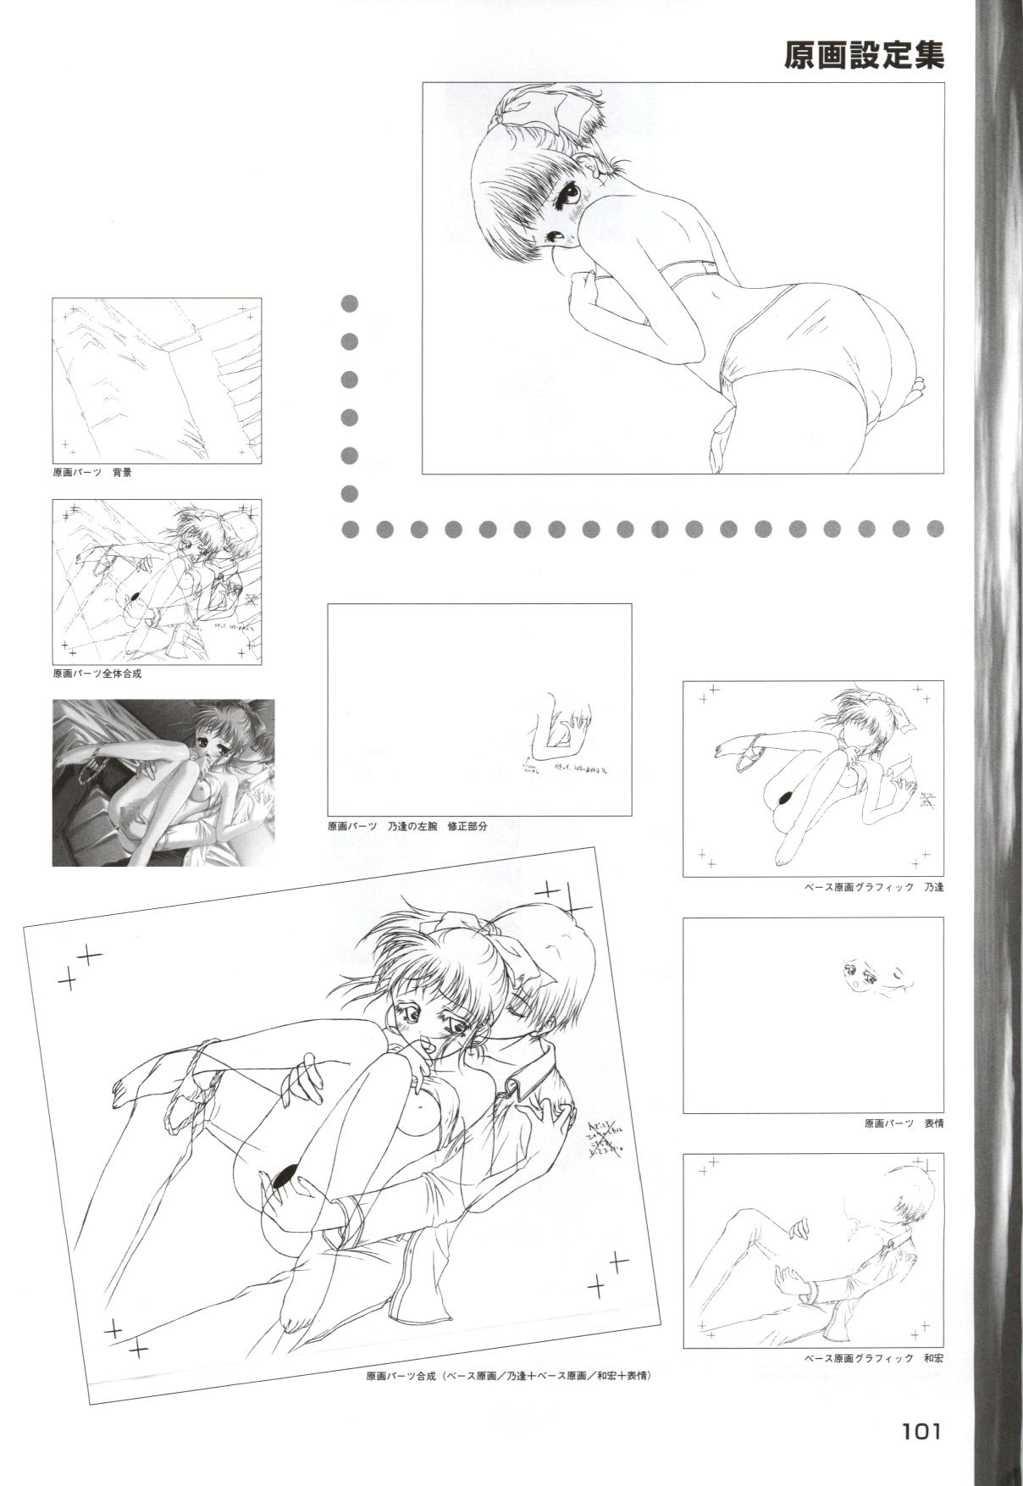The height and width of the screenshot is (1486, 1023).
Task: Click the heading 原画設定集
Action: tap(863, 56)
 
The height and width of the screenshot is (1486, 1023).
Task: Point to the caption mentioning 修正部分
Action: tap(407, 825)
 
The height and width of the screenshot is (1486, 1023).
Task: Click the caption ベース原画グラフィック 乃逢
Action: tap(873, 887)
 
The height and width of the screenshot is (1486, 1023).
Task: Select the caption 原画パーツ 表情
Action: tap(904, 1123)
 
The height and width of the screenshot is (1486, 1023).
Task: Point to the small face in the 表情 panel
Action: tap(862, 974)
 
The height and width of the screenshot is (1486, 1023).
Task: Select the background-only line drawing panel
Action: tap(157, 380)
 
